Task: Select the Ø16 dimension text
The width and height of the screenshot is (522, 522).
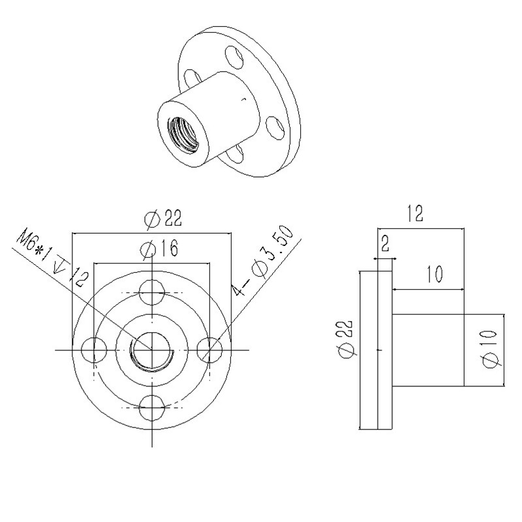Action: pyautogui.click(x=155, y=249)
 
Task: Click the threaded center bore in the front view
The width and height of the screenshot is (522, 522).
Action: pyautogui.click(x=151, y=350)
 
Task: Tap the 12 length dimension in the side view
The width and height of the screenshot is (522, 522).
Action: pyautogui.click(x=415, y=213)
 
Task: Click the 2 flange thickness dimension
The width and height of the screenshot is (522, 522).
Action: pyautogui.click(x=384, y=245)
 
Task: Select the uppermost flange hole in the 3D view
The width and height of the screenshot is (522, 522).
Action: pyautogui.click(x=232, y=54)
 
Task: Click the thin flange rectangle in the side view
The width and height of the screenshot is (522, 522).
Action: pyautogui.click(x=376, y=350)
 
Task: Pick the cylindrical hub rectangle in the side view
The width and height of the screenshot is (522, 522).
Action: pyautogui.click(x=428, y=350)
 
